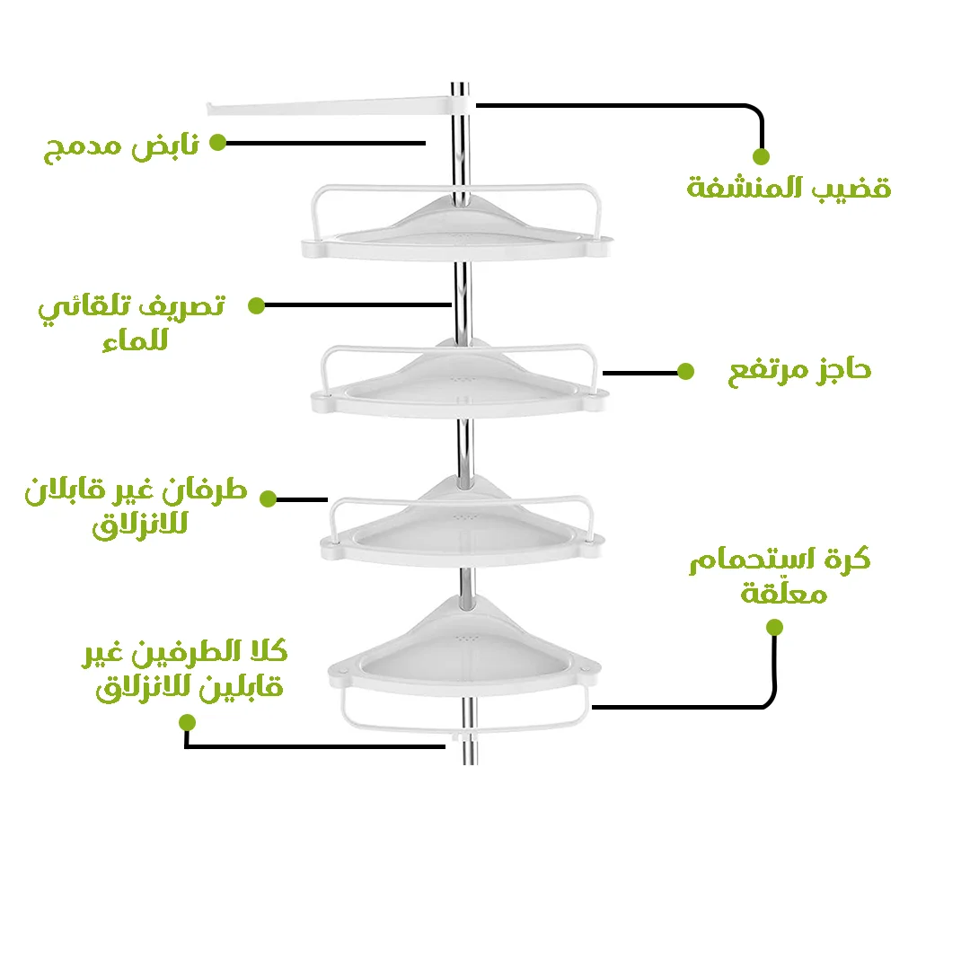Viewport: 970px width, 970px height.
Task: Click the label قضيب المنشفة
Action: tap(789, 189)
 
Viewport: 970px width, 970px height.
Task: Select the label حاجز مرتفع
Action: tap(798, 369)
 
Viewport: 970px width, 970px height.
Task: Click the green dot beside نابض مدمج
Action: tap(217, 142)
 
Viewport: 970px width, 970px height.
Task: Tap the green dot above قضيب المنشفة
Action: tap(761, 156)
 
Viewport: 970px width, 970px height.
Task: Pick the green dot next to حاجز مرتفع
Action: tap(685, 371)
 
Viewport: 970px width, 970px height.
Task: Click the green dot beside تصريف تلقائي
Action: tap(256, 305)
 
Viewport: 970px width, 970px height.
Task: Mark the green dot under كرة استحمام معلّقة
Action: tap(773, 628)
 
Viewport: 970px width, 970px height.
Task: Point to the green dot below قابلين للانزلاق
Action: tap(187, 722)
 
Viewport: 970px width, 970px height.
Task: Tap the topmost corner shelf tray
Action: tap(456, 229)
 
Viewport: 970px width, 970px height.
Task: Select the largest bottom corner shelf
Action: tap(463, 651)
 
